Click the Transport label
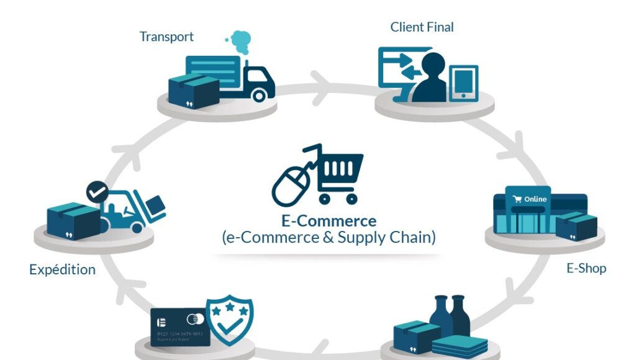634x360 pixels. coord(166,37)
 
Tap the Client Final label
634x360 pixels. coord(422,27)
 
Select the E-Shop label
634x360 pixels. coord(586,268)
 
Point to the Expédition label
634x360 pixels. coord(62,270)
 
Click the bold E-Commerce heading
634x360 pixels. coord(328,221)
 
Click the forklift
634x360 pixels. coord(130,212)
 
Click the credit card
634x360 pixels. coord(181,328)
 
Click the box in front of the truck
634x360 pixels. coord(194,92)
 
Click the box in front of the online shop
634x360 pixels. coord(576,226)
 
